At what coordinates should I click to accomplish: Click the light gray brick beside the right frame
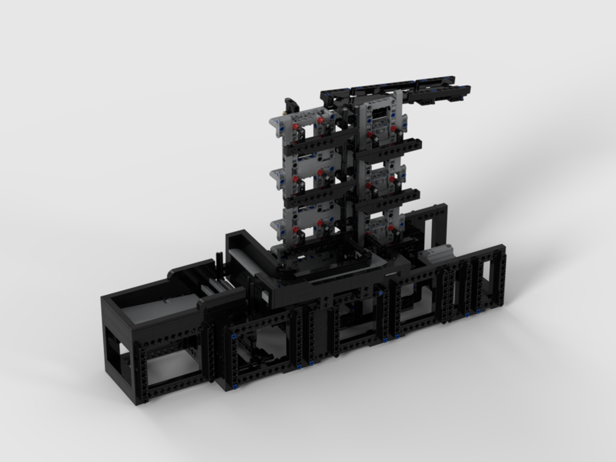point(436,252)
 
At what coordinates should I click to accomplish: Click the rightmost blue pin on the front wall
point(479,312)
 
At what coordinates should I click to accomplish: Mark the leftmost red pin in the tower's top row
point(296,127)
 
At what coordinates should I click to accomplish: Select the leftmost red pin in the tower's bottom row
point(296,230)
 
